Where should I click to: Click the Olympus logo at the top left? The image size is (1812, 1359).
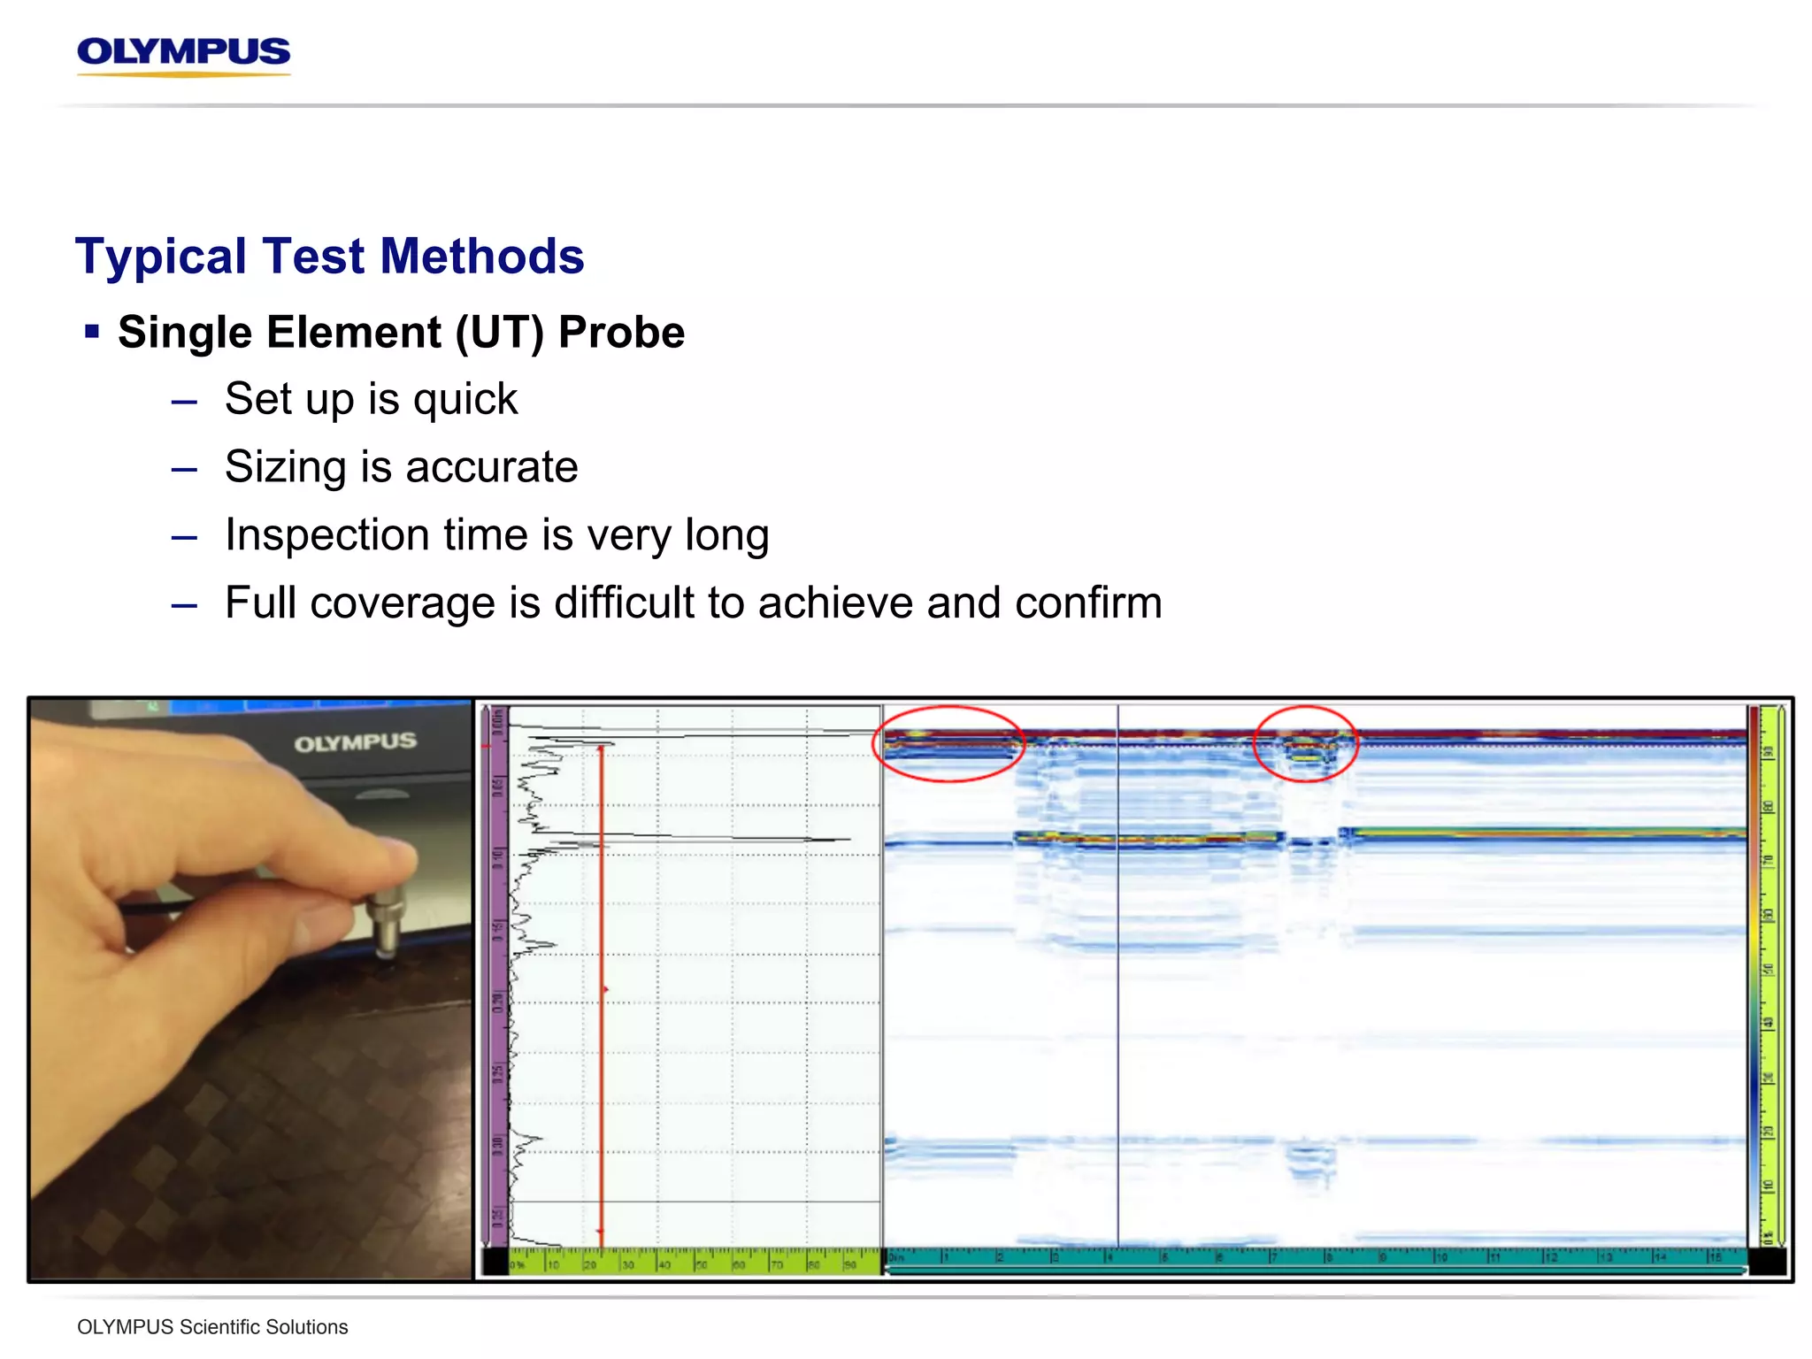tap(183, 54)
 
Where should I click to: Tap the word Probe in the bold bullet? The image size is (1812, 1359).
tap(621, 333)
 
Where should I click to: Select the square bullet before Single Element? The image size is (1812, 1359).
tap(91, 332)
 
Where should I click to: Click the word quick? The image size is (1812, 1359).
tap(465, 400)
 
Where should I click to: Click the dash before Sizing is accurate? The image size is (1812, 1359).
tap(184, 469)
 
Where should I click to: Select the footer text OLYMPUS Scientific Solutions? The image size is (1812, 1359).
tap(212, 1327)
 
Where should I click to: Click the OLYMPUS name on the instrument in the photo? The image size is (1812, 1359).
tap(355, 742)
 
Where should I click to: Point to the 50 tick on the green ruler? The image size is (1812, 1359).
tap(701, 1264)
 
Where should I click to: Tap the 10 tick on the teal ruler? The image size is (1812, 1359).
tap(1440, 1257)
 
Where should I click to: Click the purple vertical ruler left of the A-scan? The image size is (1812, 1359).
tap(495, 973)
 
